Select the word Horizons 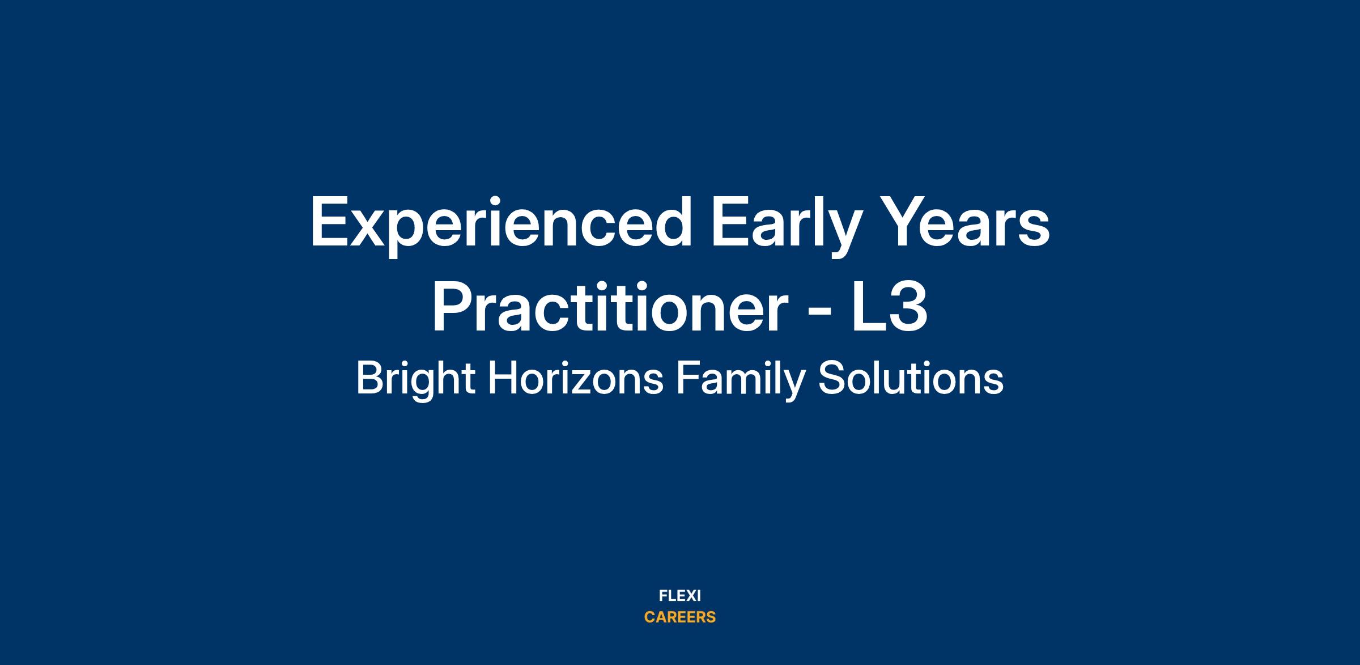click(x=575, y=378)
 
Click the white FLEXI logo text click(x=680, y=596)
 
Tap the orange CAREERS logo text click(x=680, y=617)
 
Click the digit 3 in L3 click(x=908, y=306)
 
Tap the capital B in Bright click(x=369, y=378)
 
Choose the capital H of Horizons click(x=502, y=378)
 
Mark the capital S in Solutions click(x=830, y=378)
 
